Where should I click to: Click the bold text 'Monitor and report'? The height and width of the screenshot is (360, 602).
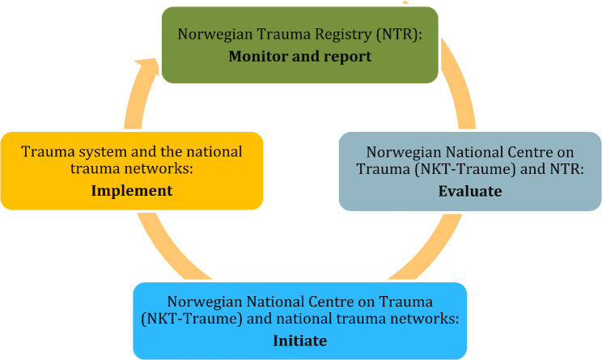click(x=299, y=57)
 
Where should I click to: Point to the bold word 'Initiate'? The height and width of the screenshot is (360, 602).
click(x=300, y=341)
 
